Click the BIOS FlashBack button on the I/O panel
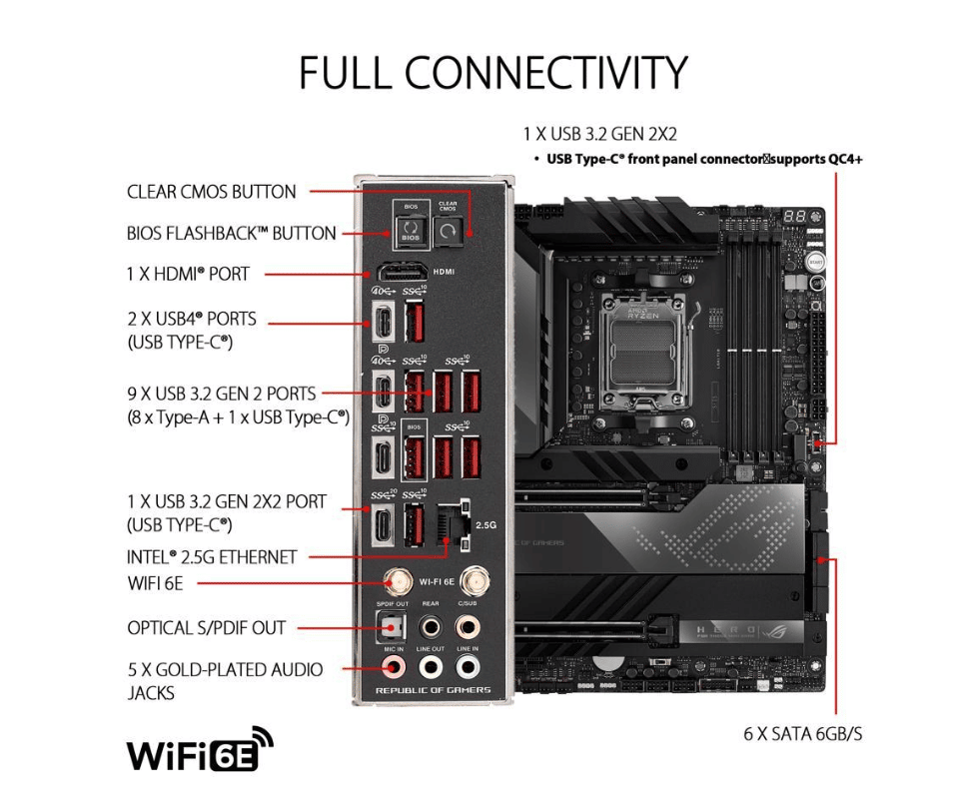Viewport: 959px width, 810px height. tap(410, 233)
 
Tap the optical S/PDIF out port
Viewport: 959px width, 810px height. tap(392, 627)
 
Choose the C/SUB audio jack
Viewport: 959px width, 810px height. tap(467, 627)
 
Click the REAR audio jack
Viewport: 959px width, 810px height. tap(431, 627)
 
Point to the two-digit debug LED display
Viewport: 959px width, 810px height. tap(795, 217)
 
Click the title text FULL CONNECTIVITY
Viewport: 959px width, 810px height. tap(492, 73)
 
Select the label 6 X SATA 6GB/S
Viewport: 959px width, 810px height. tap(802, 734)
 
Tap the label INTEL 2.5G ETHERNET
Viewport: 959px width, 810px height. tap(212, 557)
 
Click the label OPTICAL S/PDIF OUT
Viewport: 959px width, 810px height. tap(206, 628)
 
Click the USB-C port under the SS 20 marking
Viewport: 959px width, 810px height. tap(384, 524)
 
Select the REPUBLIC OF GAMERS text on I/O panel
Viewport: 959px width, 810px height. tap(433, 691)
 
